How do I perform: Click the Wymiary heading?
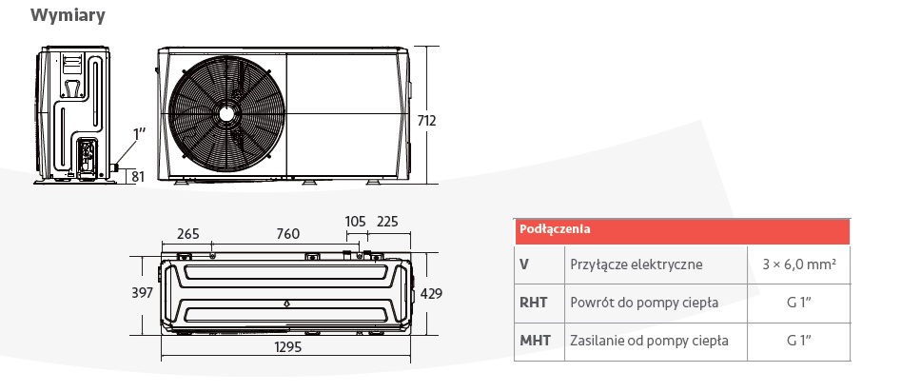pos(68,15)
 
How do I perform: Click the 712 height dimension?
pos(427,121)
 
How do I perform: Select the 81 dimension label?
pos(138,176)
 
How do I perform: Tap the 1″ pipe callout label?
pos(139,134)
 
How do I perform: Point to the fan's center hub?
pos(226,114)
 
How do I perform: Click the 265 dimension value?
pos(187,234)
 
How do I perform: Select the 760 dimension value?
pos(288,234)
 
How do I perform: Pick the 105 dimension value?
pos(356,222)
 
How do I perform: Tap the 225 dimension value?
pos(387,222)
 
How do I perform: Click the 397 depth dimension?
pos(142,293)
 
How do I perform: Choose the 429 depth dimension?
pos(432,294)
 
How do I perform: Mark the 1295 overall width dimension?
pos(288,347)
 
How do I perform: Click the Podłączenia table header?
pos(555,229)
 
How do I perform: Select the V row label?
pos(524,265)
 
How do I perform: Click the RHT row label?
pos(533,303)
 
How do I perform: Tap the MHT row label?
pos(535,341)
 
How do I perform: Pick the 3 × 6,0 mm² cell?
pos(798,265)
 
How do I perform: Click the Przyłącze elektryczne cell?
pos(637,265)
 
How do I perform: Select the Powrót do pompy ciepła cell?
pos(644,303)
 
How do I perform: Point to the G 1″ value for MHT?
pos(798,341)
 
